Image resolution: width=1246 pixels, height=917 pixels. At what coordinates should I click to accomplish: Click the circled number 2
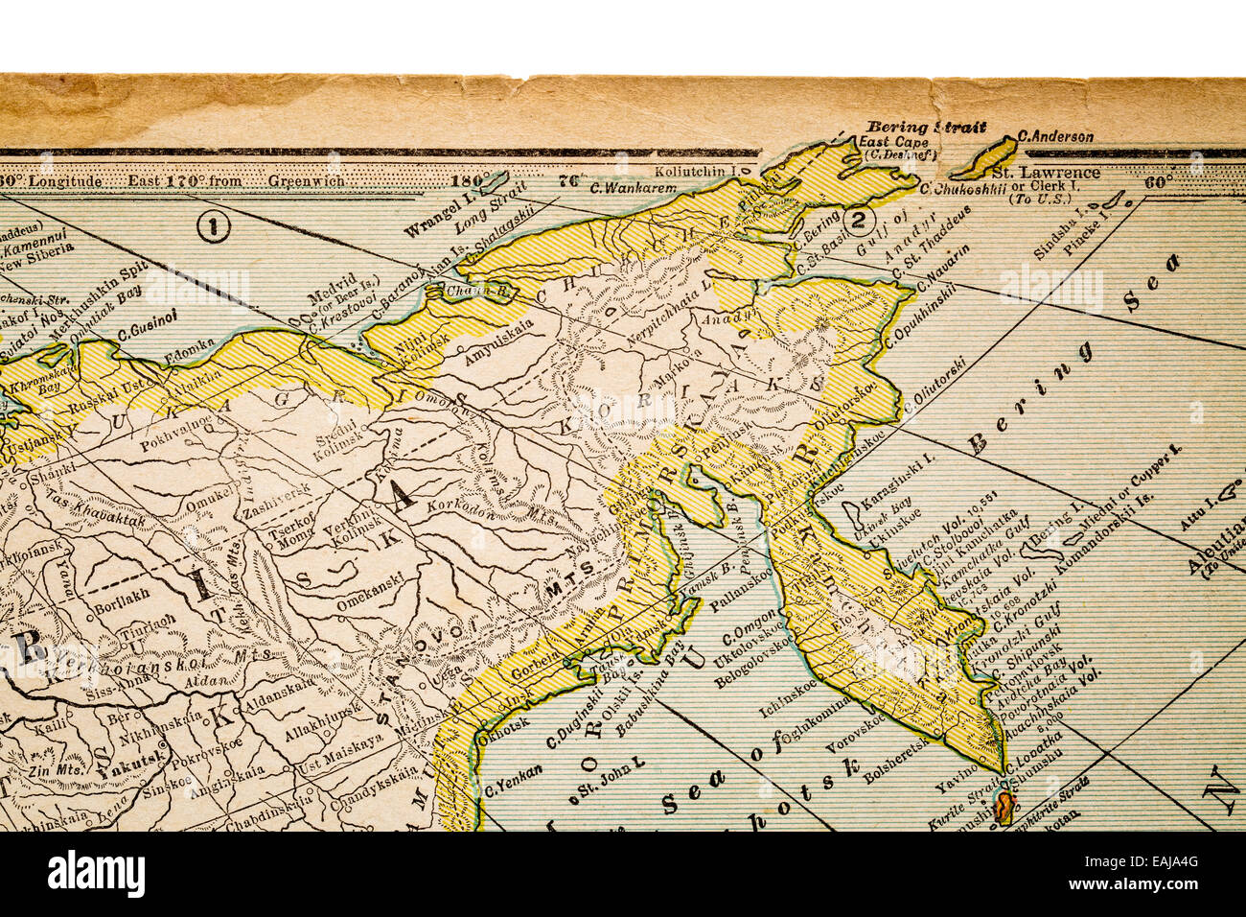click(859, 219)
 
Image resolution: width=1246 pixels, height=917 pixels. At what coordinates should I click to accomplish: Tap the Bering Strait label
click(912, 127)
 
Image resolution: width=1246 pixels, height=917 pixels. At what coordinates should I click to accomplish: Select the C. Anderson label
click(1055, 137)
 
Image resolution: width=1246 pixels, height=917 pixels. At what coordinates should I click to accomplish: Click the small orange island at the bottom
click(1004, 807)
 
